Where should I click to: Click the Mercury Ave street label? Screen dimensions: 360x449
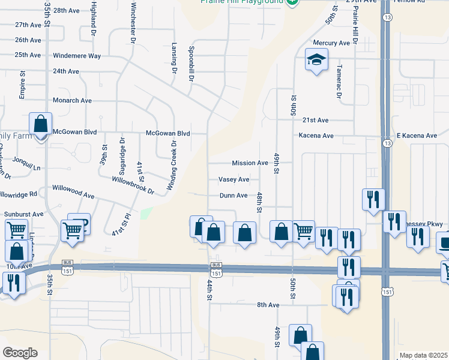(x=331, y=43)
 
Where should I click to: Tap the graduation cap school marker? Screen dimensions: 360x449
(x=316, y=60)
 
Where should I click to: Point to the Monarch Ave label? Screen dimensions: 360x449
(x=72, y=101)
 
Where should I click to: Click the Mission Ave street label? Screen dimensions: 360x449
(x=250, y=163)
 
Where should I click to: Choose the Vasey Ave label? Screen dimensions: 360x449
(x=234, y=179)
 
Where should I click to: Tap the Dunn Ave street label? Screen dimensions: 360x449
(x=234, y=196)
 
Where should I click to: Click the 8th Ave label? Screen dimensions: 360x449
(x=268, y=305)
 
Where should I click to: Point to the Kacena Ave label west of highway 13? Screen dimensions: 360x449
(x=316, y=136)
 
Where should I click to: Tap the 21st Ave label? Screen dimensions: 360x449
(x=316, y=120)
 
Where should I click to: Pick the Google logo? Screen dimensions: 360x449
(x=20, y=353)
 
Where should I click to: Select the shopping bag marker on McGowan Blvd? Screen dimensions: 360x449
(x=40, y=125)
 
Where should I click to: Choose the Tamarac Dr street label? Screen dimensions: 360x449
(x=339, y=82)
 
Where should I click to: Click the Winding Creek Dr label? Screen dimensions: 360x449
(x=173, y=166)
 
